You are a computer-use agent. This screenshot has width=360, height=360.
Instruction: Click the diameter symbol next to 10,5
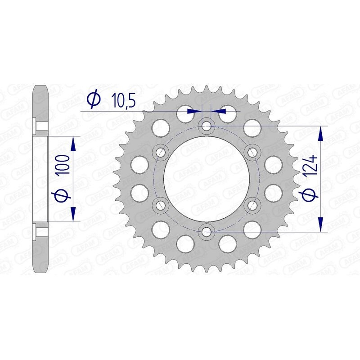(x=93, y=100)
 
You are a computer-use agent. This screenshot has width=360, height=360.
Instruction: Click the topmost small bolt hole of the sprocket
(x=207, y=125)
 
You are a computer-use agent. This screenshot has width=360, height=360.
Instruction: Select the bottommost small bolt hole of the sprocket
(x=207, y=232)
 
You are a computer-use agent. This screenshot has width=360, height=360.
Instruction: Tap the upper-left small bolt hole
(x=160, y=151)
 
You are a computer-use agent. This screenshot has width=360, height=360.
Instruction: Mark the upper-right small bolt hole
(x=253, y=151)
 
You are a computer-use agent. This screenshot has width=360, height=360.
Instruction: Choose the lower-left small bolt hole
(x=160, y=205)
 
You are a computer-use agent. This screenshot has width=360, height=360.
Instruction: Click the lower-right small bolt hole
(x=253, y=205)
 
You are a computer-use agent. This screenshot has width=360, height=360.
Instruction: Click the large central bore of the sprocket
(x=207, y=178)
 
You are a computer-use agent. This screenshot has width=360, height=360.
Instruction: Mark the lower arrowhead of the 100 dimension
(x=74, y=214)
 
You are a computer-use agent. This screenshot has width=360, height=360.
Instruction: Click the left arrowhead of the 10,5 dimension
(x=194, y=110)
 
